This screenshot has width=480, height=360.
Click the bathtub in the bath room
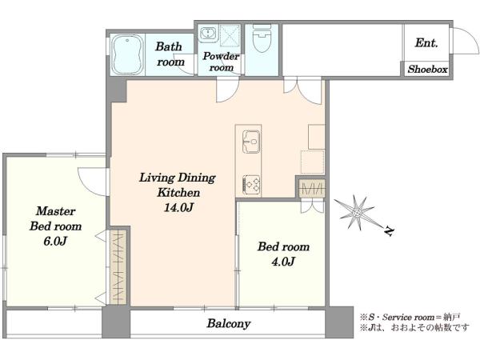pyautogui.click(x=127, y=54)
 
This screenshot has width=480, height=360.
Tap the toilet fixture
pyautogui.click(x=262, y=38)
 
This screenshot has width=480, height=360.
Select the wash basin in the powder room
pyautogui.click(x=208, y=34)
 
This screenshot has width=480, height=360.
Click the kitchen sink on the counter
pyautogui.click(x=251, y=142)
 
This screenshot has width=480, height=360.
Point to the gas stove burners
pyautogui.click(x=251, y=184)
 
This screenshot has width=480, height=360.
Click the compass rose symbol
pyautogui.click(x=357, y=212)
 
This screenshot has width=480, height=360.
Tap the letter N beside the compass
pyautogui.click(x=389, y=231)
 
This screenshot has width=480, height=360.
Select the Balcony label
pyautogui.click(x=228, y=323)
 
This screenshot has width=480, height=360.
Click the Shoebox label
pyautogui.click(x=427, y=69)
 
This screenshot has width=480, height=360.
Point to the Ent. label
pyautogui.click(x=426, y=43)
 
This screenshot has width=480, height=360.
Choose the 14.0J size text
pyautogui.click(x=178, y=208)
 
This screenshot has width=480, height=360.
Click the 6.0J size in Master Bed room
pyautogui.click(x=54, y=242)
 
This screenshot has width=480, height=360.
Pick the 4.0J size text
pyautogui.click(x=283, y=262)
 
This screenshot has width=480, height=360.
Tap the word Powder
pyautogui.click(x=221, y=56)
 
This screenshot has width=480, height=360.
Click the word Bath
pyautogui.click(x=168, y=46)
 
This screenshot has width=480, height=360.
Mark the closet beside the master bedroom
pyautogui.click(x=118, y=266)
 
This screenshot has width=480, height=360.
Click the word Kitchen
pyautogui.click(x=178, y=193)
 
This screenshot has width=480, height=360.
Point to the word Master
pyautogui.click(x=55, y=211)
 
